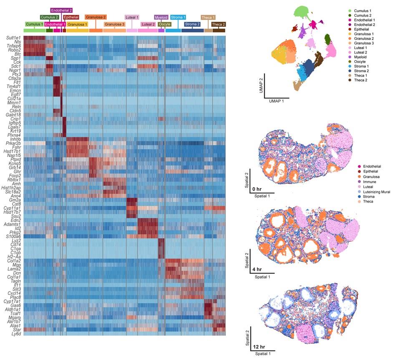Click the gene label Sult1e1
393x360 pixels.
tap(13, 38)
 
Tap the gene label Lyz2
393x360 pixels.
tap(16, 241)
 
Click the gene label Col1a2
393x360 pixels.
tap(14, 261)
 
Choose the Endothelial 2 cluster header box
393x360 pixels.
tap(61, 10)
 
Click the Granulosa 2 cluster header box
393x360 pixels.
tap(96, 17)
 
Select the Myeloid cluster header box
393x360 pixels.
tap(161, 18)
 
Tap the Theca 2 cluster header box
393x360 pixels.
tap(218, 25)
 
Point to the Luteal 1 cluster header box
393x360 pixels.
tap(132, 18)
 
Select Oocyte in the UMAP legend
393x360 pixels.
tap(360, 61)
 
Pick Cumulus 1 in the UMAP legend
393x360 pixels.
tap(363, 10)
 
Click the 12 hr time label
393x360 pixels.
tap(259, 347)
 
